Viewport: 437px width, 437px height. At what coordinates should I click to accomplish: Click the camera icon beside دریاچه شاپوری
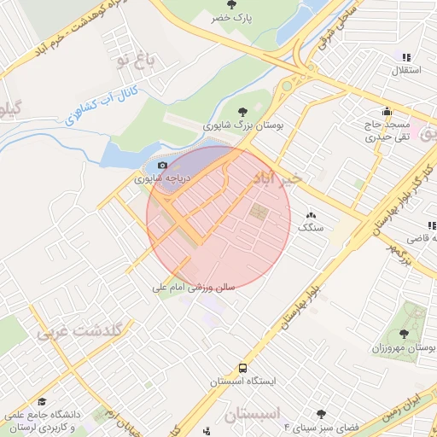pyautogui.click(x=163, y=165)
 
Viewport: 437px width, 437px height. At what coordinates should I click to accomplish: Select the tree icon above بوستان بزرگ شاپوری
pyautogui.click(x=244, y=111)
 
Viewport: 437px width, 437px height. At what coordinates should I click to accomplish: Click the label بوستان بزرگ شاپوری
pyautogui.click(x=243, y=125)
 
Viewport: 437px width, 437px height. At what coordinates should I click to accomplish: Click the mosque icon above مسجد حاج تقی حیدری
pyautogui.click(x=387, y=111)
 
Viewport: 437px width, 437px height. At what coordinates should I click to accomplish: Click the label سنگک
pyautogui.click(x=308, y=230)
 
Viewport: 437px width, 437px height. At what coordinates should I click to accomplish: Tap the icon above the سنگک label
pyautogui.click(x=310, y=217)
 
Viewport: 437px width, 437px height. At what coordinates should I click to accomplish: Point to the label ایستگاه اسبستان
pyautogui.click(x=244, y=382)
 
